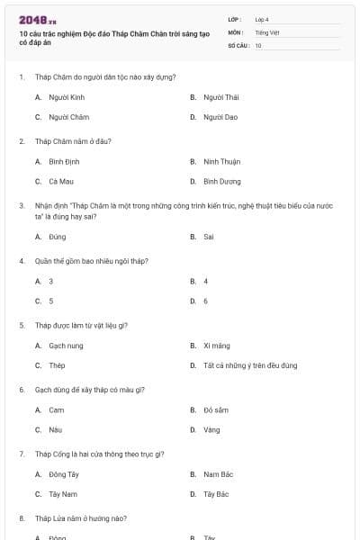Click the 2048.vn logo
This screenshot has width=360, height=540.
tap(38, 19)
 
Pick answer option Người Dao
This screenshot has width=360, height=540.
tap(220, 117)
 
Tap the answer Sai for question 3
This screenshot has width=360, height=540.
tap(209, 237)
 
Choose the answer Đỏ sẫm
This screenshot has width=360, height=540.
tap(216, 409)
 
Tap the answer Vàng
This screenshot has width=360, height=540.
tap(212, 430)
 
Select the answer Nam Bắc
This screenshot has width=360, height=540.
tap(219, 474)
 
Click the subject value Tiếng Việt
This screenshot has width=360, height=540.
tap(266, 32)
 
